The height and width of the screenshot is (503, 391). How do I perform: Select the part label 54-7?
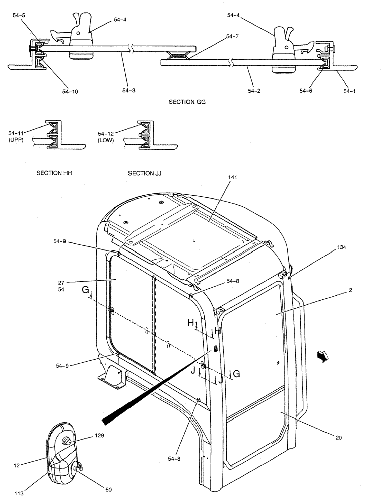point(233,36)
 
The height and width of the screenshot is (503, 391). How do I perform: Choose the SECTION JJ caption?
point(145,173)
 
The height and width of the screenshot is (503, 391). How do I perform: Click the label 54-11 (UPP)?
point(17,136)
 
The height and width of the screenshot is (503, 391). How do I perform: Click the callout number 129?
point(99,436)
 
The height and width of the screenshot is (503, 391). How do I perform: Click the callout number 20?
point(338,438)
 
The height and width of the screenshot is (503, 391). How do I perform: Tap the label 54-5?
point(20,16)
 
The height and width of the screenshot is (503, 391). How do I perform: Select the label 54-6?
point(306,91)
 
